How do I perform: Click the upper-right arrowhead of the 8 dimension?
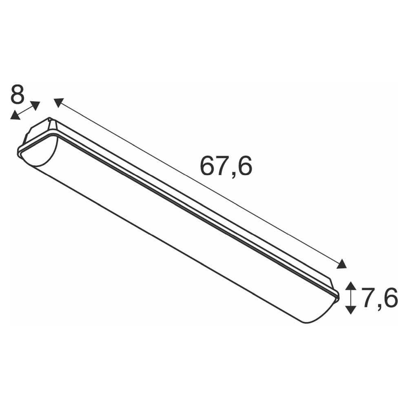tap(35, 105)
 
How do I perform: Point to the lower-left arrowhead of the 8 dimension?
tap(15, 115)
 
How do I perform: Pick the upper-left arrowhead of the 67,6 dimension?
tap(59, 102)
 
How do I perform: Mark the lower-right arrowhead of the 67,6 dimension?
tap(341, 264)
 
